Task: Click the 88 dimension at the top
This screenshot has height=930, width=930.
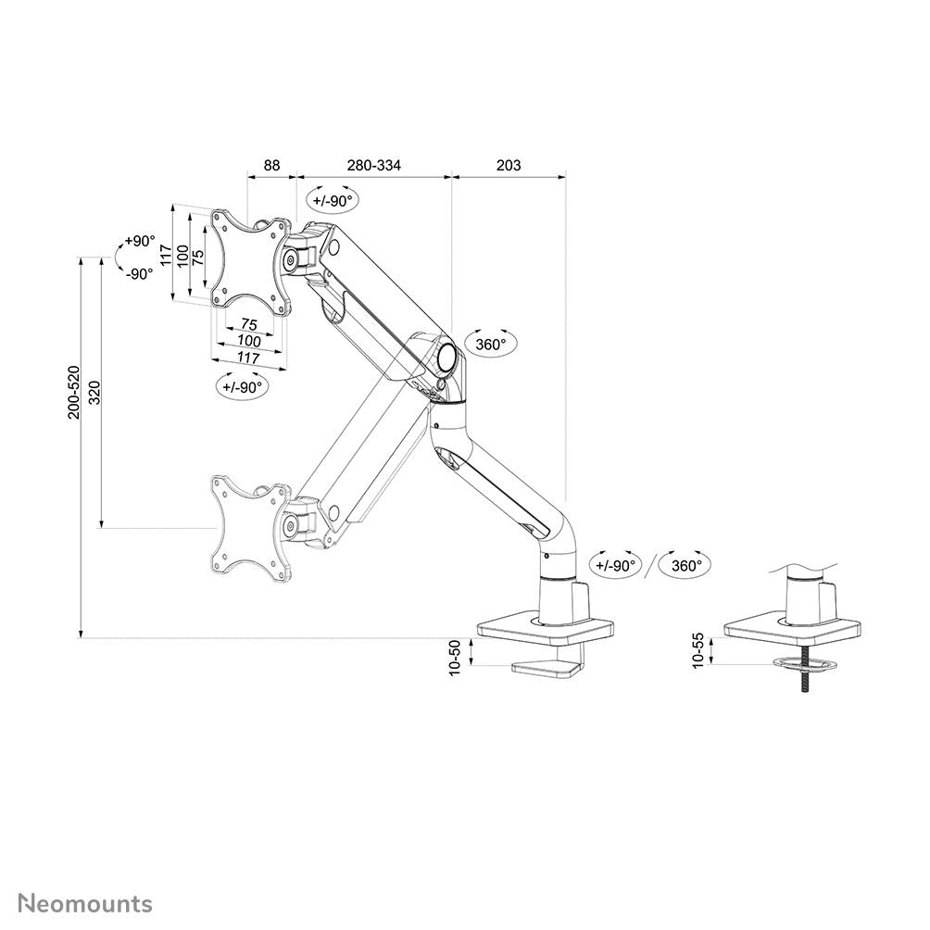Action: pos(271,166)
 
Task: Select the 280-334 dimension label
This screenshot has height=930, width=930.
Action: pos(374,166)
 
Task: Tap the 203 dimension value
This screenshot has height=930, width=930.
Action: pos(509,166)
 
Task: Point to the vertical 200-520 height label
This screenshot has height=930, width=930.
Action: pos(73,393)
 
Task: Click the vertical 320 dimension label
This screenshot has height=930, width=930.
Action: pos(93,393)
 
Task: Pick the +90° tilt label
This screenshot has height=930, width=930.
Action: pos(138,242)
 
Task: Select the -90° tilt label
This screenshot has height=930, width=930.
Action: pos(138,273)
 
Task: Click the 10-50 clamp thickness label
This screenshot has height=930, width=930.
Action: pos(455,658)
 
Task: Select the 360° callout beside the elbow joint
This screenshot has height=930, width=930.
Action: pos(490,345)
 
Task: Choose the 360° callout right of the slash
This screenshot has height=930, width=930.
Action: pos(685,565)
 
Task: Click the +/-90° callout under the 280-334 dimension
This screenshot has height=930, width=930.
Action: pos(333,201)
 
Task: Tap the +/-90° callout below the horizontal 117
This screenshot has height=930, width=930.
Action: pos(242,387)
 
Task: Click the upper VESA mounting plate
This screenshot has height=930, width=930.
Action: pos(248,258)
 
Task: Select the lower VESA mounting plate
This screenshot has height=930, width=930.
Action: pos(248,528)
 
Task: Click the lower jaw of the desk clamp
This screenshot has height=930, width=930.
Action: pos(547,667)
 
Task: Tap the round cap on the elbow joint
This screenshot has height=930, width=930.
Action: pos(446,354)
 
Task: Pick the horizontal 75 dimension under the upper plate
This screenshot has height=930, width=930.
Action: pos(248,324)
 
